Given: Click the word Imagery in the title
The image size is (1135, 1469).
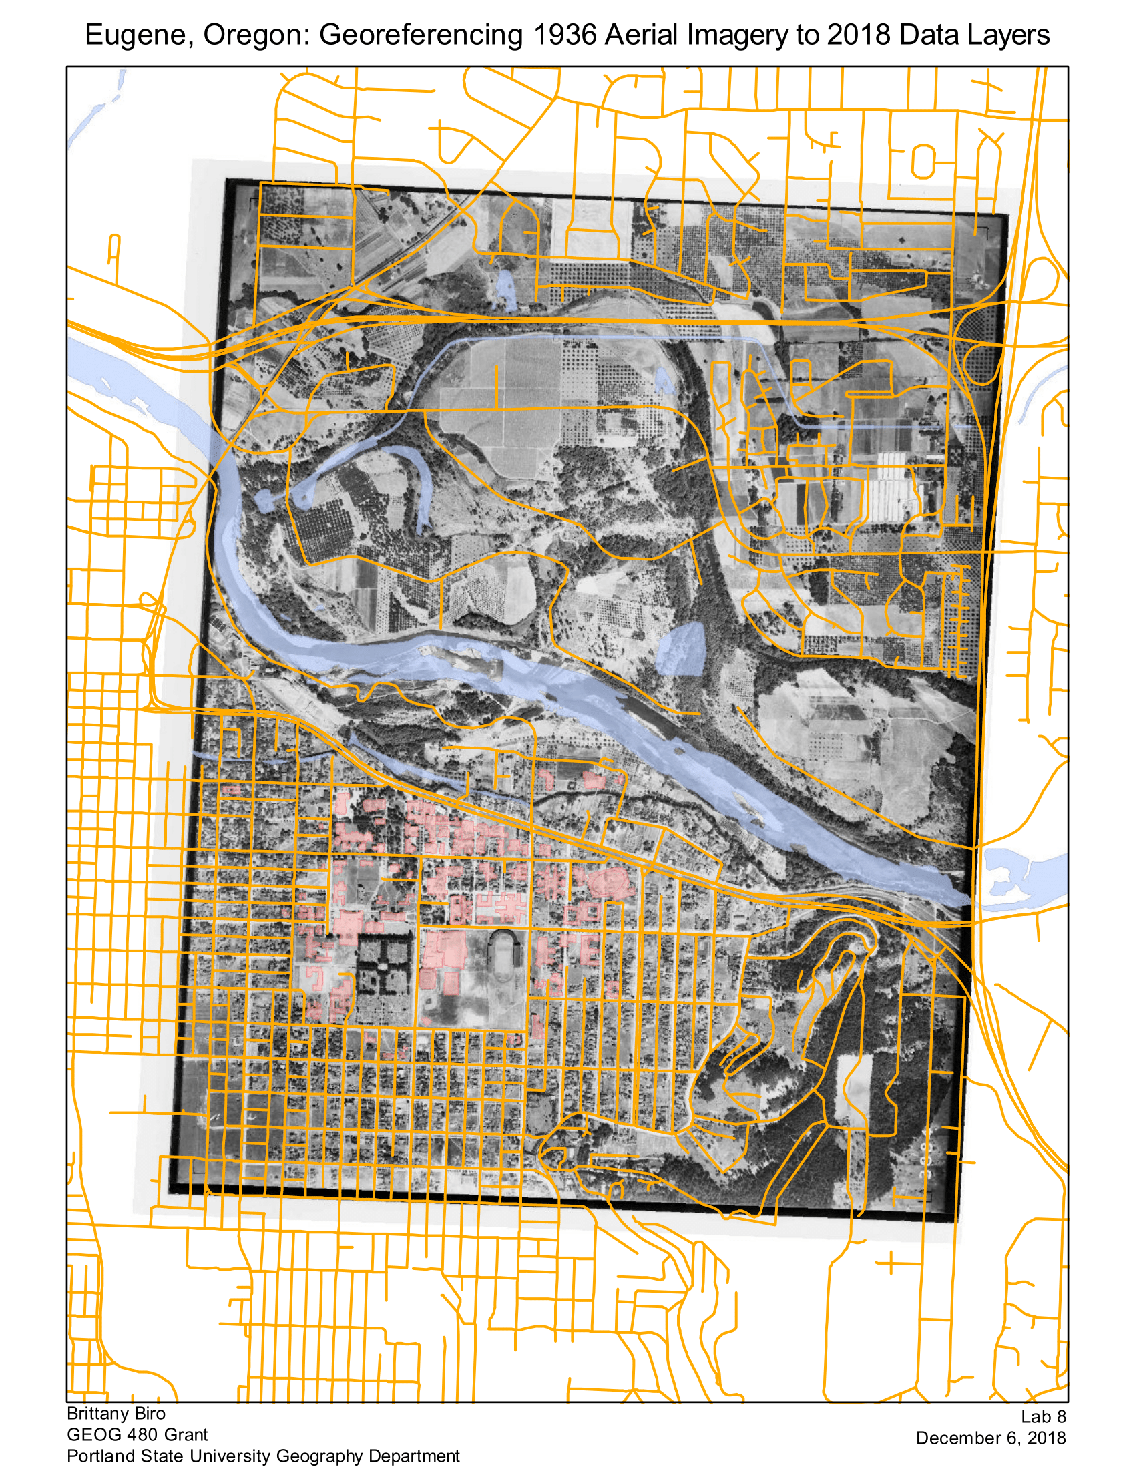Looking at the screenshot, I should click(739, 35).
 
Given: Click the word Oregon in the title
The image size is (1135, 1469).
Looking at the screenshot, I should click(256, 35).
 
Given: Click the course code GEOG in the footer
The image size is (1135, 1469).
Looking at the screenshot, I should click(89, 1435).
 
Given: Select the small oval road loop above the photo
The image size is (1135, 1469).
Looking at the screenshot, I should click(923, 162).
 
